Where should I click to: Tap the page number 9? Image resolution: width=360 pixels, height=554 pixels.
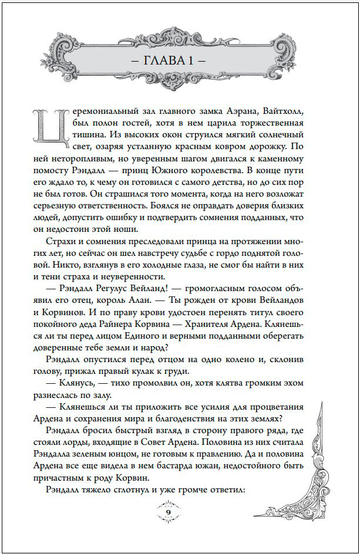coord(170,514)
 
